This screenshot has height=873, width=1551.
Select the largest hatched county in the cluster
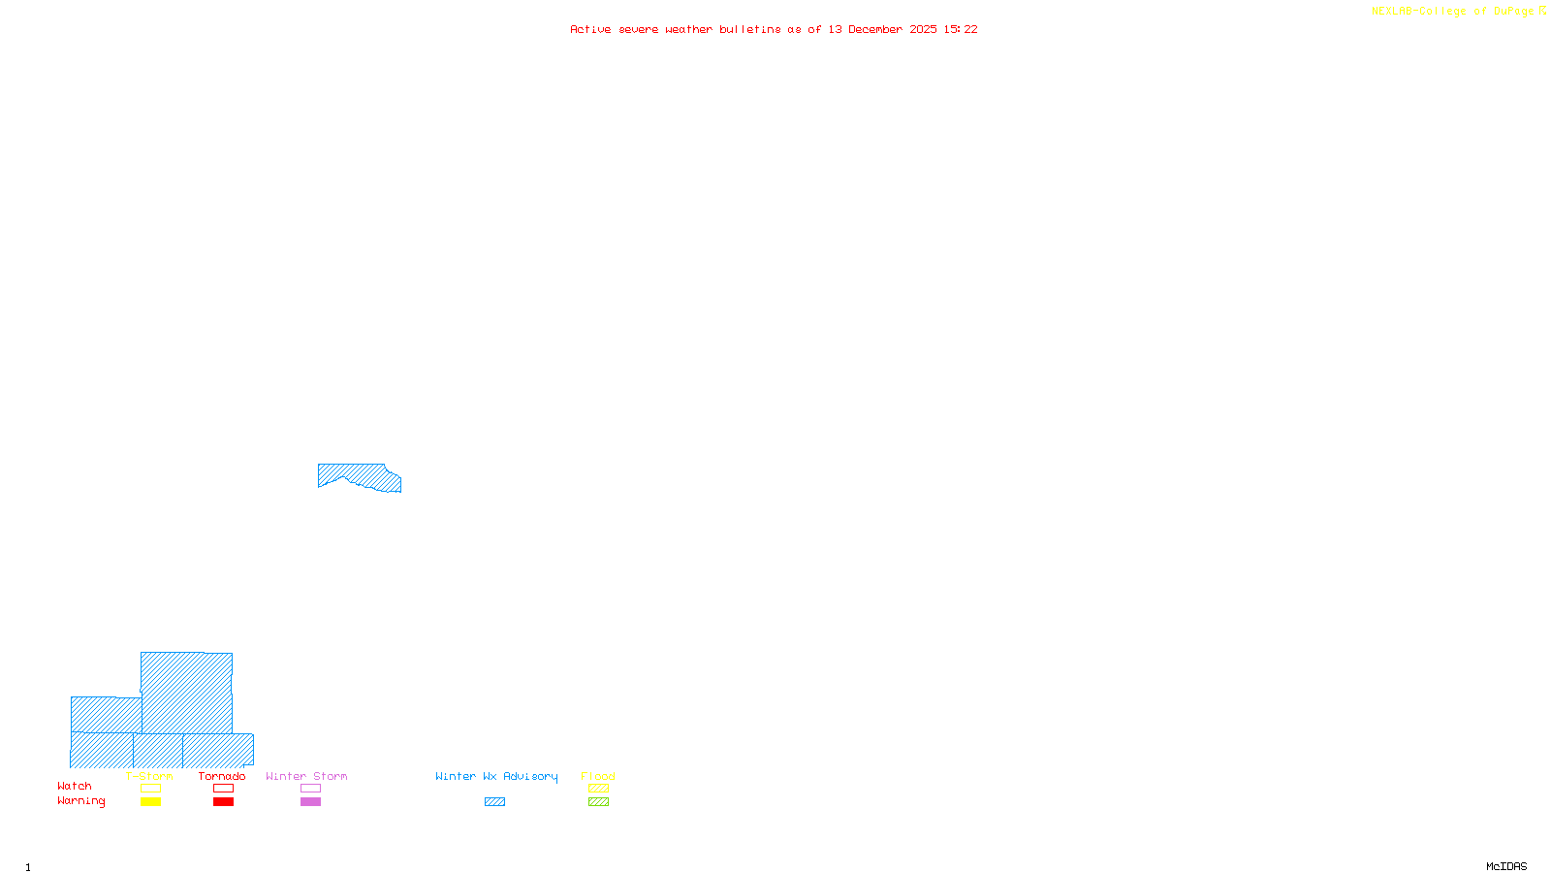(x=186, y=693)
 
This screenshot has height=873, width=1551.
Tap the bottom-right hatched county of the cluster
(x=218, y=750)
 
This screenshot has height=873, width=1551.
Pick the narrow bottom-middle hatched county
(x=158, y=750)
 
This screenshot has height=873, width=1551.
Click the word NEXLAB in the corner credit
(x=1392, y=12)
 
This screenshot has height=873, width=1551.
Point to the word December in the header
(x=875, y=30)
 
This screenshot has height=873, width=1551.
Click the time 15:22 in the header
(x=961, y=30)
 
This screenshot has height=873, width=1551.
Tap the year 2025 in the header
(x=923, y=30)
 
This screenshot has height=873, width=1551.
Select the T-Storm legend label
(x=149, y=776)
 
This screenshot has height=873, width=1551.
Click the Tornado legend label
(x=222, y=776)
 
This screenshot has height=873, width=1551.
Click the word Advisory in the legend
(x=530, y=776)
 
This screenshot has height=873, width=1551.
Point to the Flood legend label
(x=598, y=776)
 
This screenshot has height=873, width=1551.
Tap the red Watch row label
(x=75, y=787)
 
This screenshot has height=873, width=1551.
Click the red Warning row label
(x=80, y=801)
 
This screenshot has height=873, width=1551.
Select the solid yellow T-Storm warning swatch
(x=150, y=802)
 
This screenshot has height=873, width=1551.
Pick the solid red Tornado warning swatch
(x=223, y=802)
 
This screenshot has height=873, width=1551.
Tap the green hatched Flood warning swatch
(x=598, y=802)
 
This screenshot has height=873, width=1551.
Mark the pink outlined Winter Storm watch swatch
(x=310, y=789)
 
